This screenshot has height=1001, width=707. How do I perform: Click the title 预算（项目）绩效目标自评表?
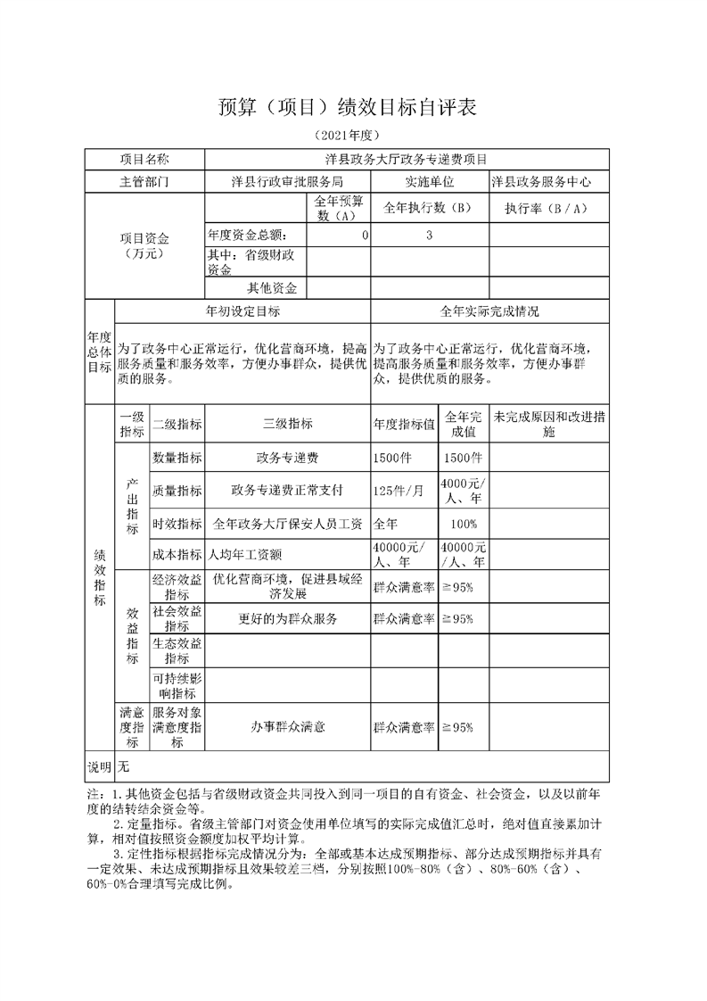click(x=349, y=108)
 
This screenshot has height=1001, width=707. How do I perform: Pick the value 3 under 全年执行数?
click(x=430, y=236)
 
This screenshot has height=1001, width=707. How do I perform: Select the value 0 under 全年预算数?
click(x=365, y=236)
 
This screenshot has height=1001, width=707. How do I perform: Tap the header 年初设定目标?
click(x=243, y=311)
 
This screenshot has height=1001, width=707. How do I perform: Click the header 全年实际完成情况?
click(x=489, y=311)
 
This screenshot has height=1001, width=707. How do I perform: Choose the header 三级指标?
click(x=287, y=424)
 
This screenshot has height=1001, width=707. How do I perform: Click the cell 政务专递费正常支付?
click(x=287, y=490)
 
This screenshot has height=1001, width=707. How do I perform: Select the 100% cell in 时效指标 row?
click(x=464, y=524)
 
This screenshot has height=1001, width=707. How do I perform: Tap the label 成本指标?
click(x=177, y=554)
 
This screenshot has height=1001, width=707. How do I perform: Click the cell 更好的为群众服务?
click(x=287, y=618)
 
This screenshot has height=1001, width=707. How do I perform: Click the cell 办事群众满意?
click(x=287, y=727)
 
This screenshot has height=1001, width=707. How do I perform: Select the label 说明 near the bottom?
click(x=99, y=766)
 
